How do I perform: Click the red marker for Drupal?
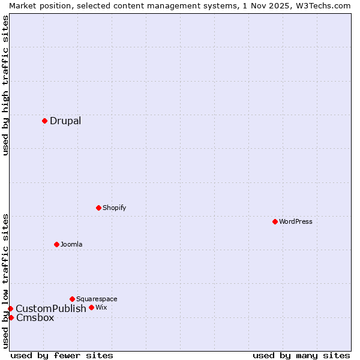[x=44, y=121]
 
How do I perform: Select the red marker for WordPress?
[x=275, y=221]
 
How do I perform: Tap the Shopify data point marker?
[x=98, y=208]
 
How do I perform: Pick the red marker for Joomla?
[x=56, y=244]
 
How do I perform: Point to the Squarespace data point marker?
[x=72, y=299]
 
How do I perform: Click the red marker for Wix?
[x=91, y=307]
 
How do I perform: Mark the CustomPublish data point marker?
[x=10, y=308]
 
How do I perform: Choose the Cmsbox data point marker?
[x=11, y=317]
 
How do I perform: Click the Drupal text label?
[x=65, y=121]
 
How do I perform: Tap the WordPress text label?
[x=296, y=221]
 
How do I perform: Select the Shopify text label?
[x=114, y=208]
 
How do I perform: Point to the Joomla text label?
[x=71, y=244]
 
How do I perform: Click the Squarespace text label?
[x=97, y=299]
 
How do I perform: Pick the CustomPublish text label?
[x=51, y=308]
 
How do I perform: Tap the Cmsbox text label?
[x=35, y=317]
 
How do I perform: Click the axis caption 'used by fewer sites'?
[x=62, y=355]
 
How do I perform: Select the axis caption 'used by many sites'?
[x=301, y=355]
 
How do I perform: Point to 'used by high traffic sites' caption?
[x=5, y=86]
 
